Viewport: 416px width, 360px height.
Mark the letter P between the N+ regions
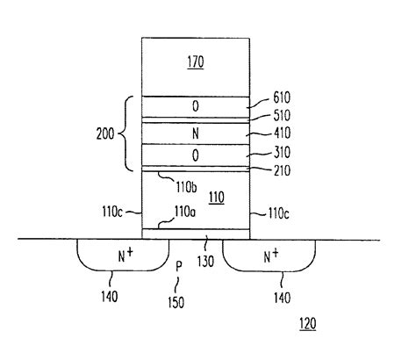(x=177, y=263)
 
